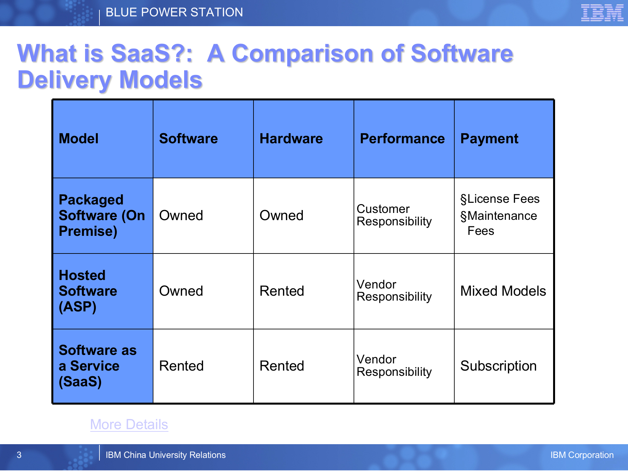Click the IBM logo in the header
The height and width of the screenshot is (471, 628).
coord(602,13)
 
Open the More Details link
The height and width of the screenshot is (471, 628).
coord(129,425)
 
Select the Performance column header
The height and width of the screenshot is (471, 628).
coord(402,139)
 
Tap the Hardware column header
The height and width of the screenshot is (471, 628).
coord(291,139)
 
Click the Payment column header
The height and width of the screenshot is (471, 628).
coord(489,139)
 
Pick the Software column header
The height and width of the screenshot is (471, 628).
coord(188,139)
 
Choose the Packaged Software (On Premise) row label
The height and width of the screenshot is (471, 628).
coord(102,216)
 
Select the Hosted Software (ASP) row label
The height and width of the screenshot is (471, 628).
coord(88,291)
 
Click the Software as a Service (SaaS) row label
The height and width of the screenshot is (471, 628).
coord(97,366)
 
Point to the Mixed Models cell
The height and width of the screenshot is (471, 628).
coord(503,291)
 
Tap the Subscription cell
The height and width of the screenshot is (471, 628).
coord(498,366)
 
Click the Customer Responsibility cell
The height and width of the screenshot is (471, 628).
coord(394,215)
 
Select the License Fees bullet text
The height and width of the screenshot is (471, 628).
coord(500,199)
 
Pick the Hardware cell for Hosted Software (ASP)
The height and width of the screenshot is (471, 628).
coord(282,291)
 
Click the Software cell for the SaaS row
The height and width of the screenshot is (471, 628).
coord(181,366)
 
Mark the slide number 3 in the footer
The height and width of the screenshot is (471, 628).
coord(19,455)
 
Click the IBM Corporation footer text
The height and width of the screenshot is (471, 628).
coord(582,455)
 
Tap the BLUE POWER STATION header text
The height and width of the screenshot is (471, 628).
coord(174,12)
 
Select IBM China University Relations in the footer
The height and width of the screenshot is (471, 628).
coord(166,455)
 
